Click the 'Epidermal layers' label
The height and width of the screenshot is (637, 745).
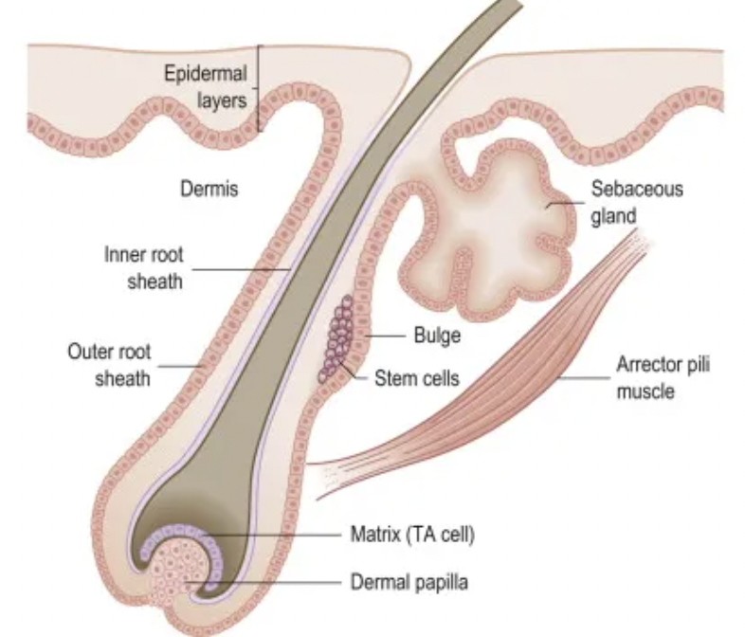(x=207, y=86)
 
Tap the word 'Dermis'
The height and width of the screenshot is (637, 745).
(x=209, y=190)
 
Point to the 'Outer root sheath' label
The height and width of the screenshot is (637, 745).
(x=109, y=365)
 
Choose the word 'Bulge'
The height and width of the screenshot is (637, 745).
(x=437, y=336)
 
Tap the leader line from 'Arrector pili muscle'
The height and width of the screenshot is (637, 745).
(x=582, y=376)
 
